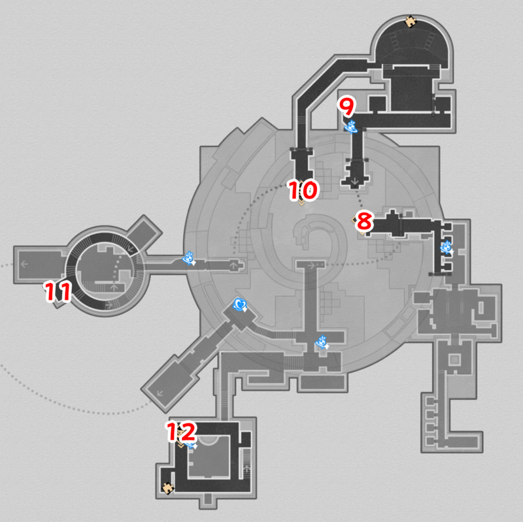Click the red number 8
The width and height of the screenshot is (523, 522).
pyautogui.click(x=363, y=222)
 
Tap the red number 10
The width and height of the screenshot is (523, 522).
pyautogui.click(x=303, y=190)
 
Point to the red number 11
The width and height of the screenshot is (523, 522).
pyautogui.click(x=57, y=291)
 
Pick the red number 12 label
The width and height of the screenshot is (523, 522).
pyautogui.click(x=179, y=431)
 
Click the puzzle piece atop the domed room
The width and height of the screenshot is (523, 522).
pyautogui.click(x=411, y=22)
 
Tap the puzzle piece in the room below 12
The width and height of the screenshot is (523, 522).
pyautogui.click(x=168, y=487)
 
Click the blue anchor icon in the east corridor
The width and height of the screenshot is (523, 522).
pyautogui.click(x=447, y=247)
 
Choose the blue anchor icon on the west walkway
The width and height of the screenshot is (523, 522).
pyautogui.click(x=188, y=259)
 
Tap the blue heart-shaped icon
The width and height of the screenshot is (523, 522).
pyautogui.click(x=241, y=304)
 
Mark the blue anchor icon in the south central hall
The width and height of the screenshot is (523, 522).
pyautogui.click(x=322, y=341)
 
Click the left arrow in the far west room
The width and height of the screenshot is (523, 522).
pyautogui.click(x=24, y=265)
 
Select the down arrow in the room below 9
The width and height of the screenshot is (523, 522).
pyautogui.click(x=355, y=180)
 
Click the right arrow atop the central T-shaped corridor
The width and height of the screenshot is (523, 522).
pyautogui.click(x=311, y=265)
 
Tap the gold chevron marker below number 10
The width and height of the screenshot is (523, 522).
pyautogui.click(x=301, y=203)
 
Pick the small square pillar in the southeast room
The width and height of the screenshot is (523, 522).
pyautogui.click(x=456, y=358)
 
